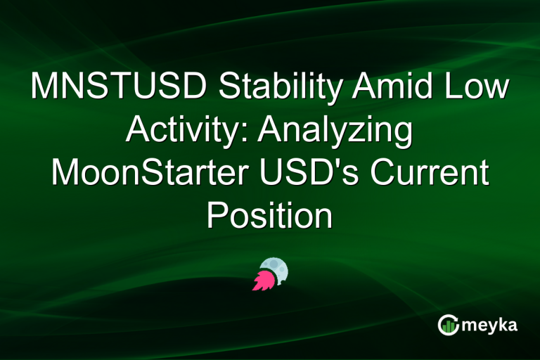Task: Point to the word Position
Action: [270, 216]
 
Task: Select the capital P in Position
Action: [216, 216]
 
